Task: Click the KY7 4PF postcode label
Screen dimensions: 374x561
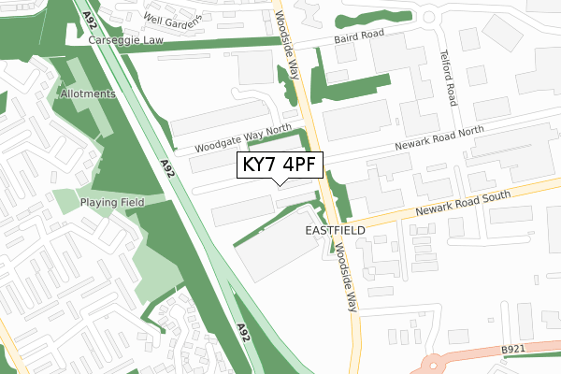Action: click(281, 165)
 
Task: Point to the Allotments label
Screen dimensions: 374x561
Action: click(87, 94)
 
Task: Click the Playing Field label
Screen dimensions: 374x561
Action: click(110, 203)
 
